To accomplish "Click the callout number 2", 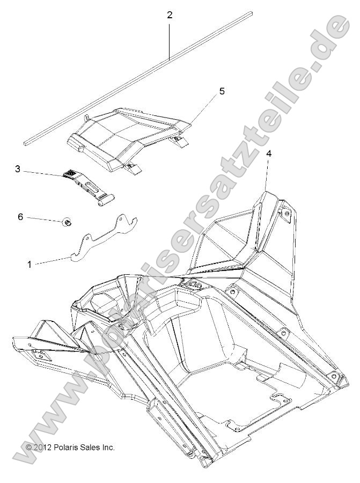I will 170,14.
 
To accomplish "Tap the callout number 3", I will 18,169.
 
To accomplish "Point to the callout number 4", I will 269,153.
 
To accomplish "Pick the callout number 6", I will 20,216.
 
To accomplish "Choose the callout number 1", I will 29,264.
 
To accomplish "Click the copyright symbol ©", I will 29,447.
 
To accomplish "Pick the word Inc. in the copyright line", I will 109,447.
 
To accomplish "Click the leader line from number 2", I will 170,38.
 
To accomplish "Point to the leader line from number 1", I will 54,261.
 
